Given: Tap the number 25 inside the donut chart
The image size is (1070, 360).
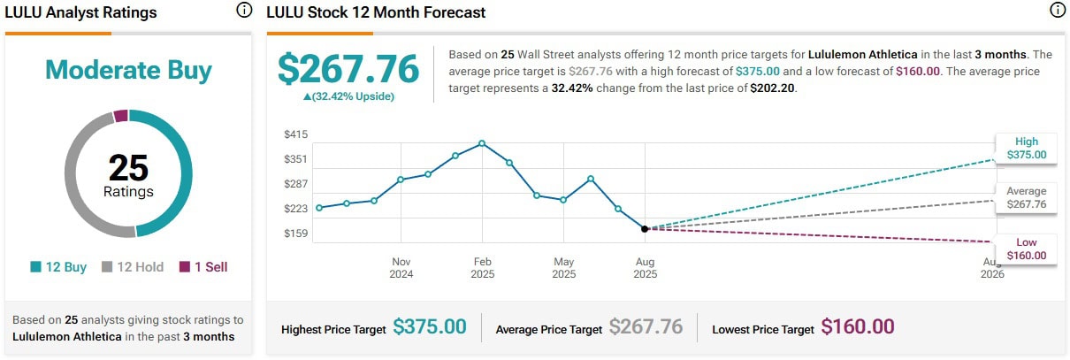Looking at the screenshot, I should click(128, 168).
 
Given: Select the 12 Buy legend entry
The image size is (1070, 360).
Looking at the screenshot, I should click(58, 266).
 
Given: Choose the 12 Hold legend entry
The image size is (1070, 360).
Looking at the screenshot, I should click(133, 266).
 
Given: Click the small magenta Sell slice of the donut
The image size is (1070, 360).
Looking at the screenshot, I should click(121, 116).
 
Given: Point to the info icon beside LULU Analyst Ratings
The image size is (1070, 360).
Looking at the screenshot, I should click(244, 11).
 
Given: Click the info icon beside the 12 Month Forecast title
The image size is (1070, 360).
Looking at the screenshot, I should click(1056, 11).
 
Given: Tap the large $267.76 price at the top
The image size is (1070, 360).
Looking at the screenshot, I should click(348, 69).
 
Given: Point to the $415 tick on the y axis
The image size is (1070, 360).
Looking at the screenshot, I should click(295, 134).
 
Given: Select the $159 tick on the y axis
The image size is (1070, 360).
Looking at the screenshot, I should click(295, 234).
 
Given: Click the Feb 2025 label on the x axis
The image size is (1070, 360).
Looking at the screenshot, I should click(482, 268).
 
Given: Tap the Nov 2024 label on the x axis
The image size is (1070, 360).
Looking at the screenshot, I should click(401, 268).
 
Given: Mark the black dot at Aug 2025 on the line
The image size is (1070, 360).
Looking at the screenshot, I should click(645, 228).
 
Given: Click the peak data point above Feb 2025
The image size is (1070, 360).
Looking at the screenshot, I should click(482, 142).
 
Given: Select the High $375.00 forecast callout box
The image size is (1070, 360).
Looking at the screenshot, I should click(1026, 148).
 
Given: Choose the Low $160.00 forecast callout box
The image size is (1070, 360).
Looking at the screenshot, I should click(1026, 249).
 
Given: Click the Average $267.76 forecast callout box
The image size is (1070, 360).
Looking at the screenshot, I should click(1026, 197).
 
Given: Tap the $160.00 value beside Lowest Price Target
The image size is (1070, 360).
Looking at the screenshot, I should click(858, 326).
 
